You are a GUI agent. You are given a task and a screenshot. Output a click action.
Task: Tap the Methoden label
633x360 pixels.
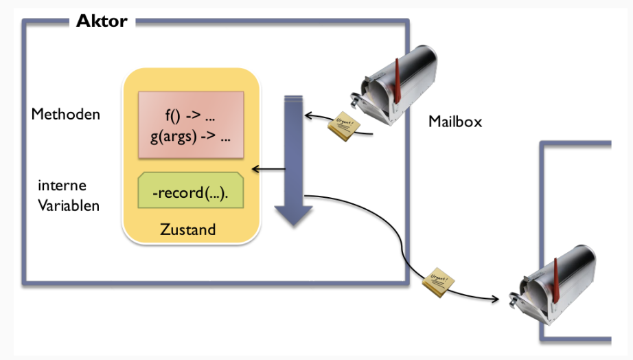66,114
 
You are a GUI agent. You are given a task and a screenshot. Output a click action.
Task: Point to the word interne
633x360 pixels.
62,186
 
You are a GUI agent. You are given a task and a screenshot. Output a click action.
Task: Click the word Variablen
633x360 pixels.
69,205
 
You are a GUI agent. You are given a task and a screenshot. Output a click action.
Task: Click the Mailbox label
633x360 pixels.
455,122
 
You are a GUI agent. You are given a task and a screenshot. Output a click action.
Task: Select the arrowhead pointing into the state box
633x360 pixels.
255,169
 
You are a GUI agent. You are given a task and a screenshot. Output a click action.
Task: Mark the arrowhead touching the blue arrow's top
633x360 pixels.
306,115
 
